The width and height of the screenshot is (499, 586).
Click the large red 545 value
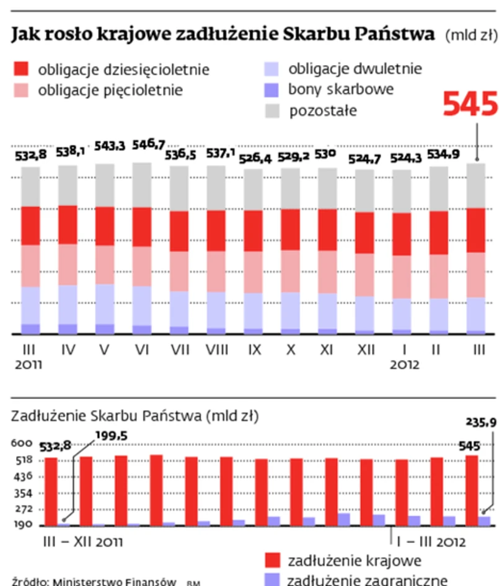click(470, 104)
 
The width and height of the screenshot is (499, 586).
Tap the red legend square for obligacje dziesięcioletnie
click(21, 69)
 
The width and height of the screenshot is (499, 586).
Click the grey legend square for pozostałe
click(272, 111)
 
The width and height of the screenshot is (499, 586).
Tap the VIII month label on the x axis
click(217, 350)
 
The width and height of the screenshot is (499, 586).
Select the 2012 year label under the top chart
click(404, 365)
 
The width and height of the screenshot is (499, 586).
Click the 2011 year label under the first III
click(27, 365)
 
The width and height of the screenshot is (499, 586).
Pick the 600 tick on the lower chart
click(19, 444)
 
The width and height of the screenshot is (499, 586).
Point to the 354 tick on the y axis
click(20, 494)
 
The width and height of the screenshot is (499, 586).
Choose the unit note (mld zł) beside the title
click(470, 36)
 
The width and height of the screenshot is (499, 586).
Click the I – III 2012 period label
click(431, 541)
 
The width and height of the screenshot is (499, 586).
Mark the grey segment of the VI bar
click(142, 185)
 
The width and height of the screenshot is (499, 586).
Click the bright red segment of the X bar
click(291, 229)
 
